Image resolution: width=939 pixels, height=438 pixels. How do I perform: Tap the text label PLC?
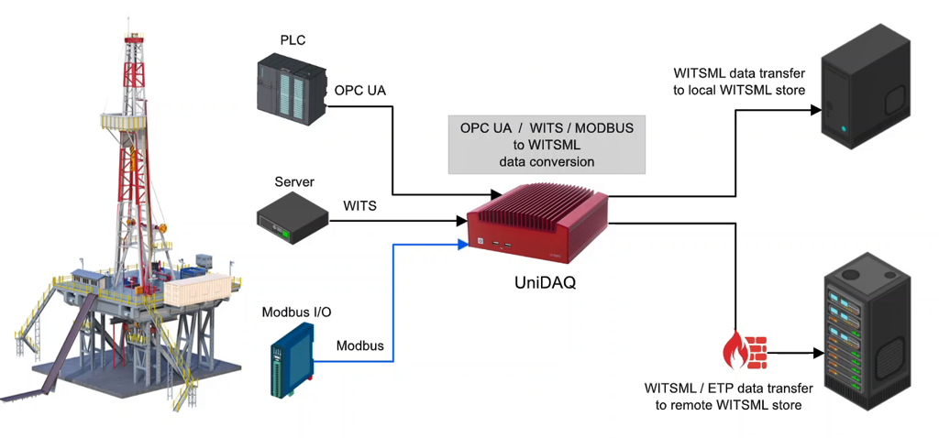[293, 40]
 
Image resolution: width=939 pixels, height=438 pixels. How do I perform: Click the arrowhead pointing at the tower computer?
[812, 109]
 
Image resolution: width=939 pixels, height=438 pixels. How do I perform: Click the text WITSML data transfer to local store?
[739, 81]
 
